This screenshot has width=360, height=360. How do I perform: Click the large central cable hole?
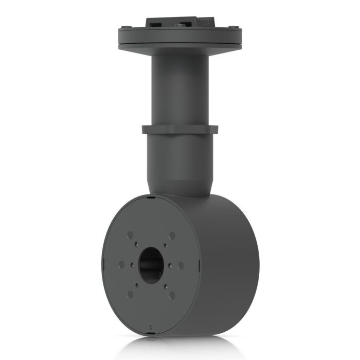coord(150,265)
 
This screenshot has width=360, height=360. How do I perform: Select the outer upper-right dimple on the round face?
coord(172,235)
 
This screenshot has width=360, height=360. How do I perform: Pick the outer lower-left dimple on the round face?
coord(130,294)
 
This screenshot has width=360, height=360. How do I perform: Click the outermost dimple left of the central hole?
coord(121,265)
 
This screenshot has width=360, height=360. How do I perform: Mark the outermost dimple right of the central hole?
coord(181,265)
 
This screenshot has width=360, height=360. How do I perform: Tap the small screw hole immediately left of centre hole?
coord(132,265)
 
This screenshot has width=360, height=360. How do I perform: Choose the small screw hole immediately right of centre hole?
coord(170,265)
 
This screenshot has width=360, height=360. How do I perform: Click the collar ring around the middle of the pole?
coord(180,130)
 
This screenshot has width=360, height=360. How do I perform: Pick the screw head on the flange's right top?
coord(235,27)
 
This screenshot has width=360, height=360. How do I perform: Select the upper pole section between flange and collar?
coord(180,87)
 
